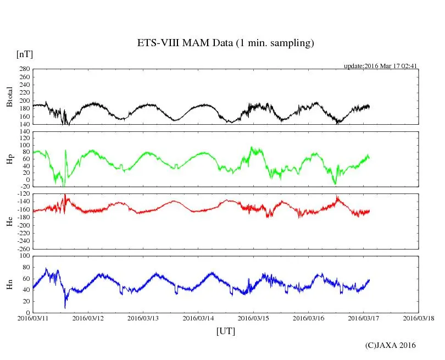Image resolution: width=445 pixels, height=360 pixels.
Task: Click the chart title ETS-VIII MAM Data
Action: click(x=225, y=43)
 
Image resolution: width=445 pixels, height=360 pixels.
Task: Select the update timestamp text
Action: click(x=381, y=66)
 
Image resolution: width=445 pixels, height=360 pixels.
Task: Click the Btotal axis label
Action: click(x=9, y=97)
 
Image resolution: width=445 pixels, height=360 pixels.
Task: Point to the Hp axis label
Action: click(x=9, y=159)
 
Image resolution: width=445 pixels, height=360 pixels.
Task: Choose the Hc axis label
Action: click(x=9, y=221)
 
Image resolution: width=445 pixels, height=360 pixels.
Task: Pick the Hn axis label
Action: click(x=9, y=284)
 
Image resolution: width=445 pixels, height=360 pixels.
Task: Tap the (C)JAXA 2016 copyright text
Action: click(x=391, y=345)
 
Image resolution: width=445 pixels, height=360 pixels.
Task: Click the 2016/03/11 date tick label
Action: click(x=33, y=318)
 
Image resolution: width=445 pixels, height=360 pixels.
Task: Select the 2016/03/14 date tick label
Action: click(x=198, y=318)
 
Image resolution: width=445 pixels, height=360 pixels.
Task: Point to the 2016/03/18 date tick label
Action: click(x=419, y=318)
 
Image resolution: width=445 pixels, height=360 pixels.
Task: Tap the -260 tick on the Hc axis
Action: click(x=24, y=248)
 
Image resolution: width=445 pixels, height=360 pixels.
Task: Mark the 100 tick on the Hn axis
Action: click(x=25, y=256)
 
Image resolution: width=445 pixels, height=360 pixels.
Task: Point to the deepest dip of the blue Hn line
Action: click(x=65, y=307)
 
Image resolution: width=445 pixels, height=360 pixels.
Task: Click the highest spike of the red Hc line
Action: click(x=65, y=195)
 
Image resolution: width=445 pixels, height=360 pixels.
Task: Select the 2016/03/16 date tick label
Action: click(x=308, y=318)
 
